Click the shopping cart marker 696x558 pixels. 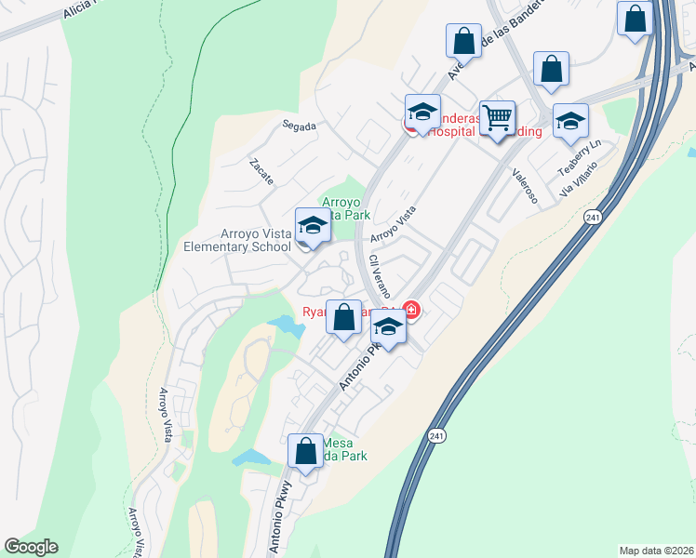pyautogui.click(x=498, y=118)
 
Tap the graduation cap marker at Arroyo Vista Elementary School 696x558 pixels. pyautogui.click(x=313, y=226)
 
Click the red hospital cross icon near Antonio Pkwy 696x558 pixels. pyautogui.click(x=410, y=311)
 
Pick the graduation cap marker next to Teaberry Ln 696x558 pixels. pyautogui.click(x=570, y=121)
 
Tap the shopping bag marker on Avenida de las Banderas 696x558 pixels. pyautogui.click(x=463, y=41)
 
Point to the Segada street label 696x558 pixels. pyautogui.click(x=301, y=126)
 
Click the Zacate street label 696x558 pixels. pyautogui.click(x=261, y=170)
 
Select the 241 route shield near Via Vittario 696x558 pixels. pyautogui.click(x=593, y=216)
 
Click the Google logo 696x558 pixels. pyautogui.click(x=31, y=547)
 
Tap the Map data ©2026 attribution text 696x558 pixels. pyautogui.click(x=656, y=550)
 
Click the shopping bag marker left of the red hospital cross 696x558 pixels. pyautogui.click(x=343, y=317)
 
